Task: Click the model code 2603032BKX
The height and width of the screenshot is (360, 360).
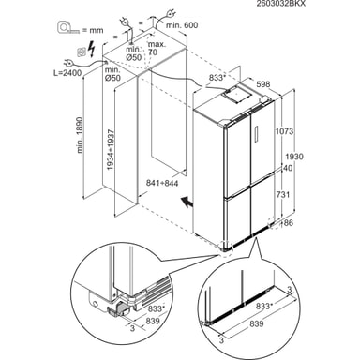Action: click(280, 4)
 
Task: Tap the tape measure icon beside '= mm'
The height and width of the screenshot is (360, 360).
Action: click(68, 27)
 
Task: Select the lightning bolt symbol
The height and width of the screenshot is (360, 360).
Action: click(92, 49)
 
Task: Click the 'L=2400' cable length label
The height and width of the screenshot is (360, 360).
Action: click(67, 73)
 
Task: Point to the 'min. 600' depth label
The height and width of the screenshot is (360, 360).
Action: click(182, 25)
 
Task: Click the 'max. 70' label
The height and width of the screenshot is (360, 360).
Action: click(157, 48)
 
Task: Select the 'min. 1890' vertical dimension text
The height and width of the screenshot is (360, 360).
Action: click(81, 135)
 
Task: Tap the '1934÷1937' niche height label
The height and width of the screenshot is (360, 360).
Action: click(111, 150)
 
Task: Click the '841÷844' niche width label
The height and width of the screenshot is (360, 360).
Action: click(162, 183)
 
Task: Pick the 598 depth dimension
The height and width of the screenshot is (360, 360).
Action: click(262, 84)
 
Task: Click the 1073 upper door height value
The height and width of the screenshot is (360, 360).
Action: click(284, 131)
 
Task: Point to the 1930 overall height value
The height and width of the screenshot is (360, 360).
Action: click(294, 157)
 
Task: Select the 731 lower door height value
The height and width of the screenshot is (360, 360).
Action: click(283, 195)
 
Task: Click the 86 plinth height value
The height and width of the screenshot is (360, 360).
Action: click(289, 223)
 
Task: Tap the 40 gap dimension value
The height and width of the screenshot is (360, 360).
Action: click(288, 168)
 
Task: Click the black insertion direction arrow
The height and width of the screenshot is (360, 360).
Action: click(187, 202)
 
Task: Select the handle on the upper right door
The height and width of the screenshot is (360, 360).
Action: click(257, 134)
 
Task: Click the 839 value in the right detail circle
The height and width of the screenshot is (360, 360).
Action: click(257, 323)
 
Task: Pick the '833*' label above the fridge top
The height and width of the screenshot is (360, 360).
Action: click(217, 78)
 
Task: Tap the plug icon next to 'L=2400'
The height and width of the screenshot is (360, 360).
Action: click(69, 63)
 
